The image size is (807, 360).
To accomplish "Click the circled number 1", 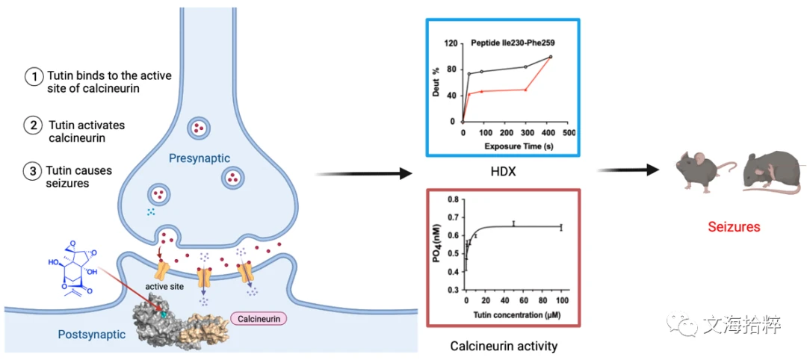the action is click(34, 77).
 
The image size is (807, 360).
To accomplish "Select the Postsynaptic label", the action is click(92, 335).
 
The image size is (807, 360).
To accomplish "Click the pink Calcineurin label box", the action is click(259, 319).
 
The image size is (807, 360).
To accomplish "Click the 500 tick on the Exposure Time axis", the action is click(568, 133).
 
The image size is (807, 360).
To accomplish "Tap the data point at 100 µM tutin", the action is click(561, 227).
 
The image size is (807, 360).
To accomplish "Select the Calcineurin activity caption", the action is click(504, 346).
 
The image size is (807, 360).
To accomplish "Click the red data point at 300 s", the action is click(525, 90).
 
